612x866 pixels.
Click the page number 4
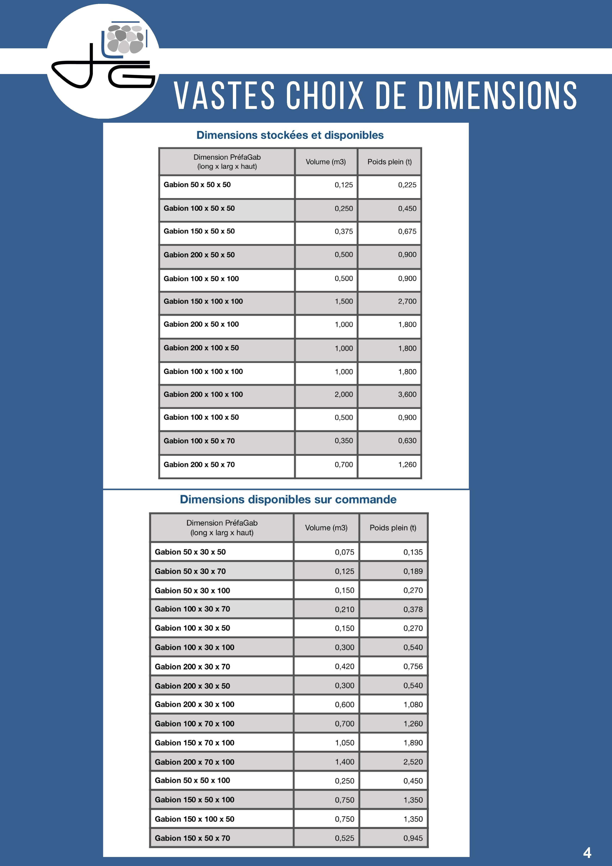coord(587,853)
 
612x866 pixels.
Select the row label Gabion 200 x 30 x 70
coord(192,667)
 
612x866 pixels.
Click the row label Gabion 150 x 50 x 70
coord(192,838)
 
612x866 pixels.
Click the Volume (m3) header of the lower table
coord(326,528)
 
